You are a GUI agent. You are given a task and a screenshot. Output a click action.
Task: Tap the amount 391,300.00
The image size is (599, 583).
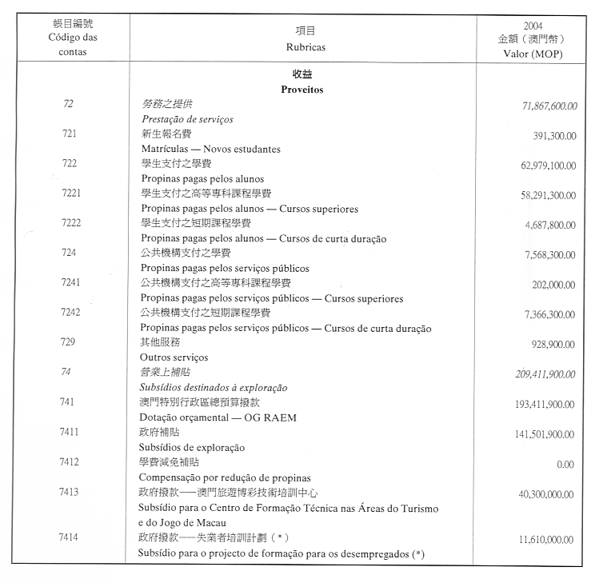click(x=553, y=137)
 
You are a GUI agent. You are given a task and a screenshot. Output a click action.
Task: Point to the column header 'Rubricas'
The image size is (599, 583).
click(x=305, y=47)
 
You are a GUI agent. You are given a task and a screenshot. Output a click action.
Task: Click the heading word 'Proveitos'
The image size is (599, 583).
click(x=301, y=90)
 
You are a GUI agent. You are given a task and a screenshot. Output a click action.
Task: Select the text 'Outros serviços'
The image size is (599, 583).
click(x=174, y=357)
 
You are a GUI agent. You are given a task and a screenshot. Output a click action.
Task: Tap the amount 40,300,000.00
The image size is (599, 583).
click(x=546, y=495)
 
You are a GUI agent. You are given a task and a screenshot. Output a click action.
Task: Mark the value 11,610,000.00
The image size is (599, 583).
click(x=547, y=541)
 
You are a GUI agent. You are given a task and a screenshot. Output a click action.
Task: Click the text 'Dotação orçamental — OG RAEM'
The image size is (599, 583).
click(x=209, y=417)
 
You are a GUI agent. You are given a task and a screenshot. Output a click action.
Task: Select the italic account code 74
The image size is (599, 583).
click(x=68, y=372)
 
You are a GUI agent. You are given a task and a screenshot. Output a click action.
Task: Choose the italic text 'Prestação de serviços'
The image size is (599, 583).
click(x=187, y=119)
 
